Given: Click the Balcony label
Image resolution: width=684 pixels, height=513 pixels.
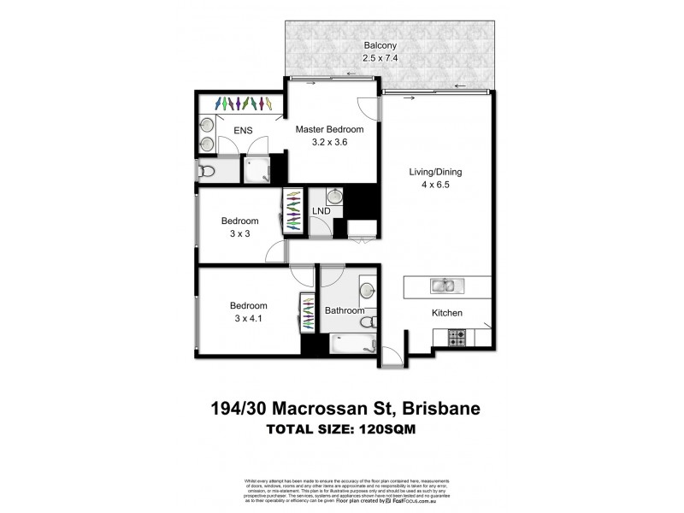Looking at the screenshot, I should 379,44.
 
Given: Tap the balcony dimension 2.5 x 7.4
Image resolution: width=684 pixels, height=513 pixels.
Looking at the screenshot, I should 379,57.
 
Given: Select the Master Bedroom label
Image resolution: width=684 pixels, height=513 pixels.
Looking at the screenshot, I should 329,130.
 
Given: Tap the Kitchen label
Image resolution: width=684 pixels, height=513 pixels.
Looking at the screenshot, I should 446,313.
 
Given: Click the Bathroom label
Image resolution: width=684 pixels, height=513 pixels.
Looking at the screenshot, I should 345,311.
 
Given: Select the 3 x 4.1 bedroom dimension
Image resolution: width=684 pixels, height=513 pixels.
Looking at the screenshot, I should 248,320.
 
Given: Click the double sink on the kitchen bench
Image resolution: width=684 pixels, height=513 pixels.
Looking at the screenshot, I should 444,286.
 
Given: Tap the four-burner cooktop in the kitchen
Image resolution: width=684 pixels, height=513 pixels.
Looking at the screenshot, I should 457,340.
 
